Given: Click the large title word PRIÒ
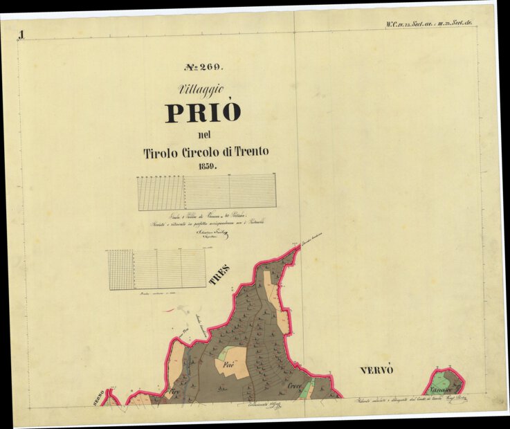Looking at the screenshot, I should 203,112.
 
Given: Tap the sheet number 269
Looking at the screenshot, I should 203,67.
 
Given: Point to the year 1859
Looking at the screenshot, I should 206,167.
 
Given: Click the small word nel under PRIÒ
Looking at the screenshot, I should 203,134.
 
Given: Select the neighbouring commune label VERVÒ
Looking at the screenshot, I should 376,370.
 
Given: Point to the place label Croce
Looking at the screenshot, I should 295,385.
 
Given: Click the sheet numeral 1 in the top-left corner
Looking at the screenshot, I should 22,35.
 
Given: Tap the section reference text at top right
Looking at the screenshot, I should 429,24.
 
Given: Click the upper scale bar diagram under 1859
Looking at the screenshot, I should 206,192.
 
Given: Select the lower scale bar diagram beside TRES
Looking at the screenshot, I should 156,269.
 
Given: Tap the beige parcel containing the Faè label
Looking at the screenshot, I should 233,365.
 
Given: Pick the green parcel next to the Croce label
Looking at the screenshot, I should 305,390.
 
